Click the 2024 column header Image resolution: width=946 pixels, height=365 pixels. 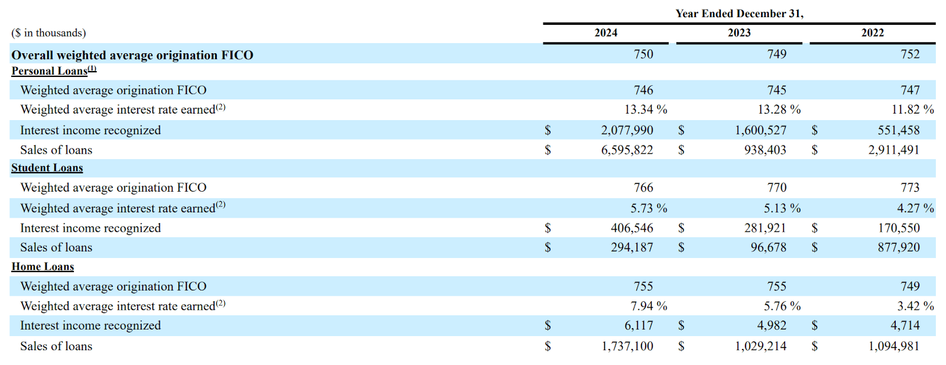[605, 33]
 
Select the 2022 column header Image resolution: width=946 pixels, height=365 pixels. [873, 33]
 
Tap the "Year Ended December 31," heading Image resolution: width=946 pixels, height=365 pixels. [739, 14]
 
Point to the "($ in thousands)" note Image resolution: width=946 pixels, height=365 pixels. [48, 33]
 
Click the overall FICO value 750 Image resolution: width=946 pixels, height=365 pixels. [643, 54]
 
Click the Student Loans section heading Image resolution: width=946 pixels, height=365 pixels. [47, 168]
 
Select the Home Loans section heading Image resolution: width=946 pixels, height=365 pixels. [43, 267]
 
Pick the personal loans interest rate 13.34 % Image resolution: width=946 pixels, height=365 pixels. [646, 109]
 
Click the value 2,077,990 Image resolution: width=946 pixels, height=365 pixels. [627, 130]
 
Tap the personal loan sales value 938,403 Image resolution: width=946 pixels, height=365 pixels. [765, 150]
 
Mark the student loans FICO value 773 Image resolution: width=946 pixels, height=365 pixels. [910, 187]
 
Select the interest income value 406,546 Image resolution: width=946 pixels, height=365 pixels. [632, 228]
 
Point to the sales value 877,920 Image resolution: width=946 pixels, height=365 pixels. [899, 247]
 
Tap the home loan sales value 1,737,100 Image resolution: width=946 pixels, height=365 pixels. [627, 347]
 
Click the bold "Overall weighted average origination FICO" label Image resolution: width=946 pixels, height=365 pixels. [132, 55]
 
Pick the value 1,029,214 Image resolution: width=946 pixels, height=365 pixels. [760, 347]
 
